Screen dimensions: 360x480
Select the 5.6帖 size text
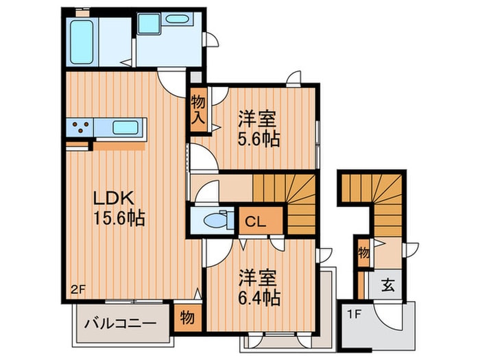click(258, 139)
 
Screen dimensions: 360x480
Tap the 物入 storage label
click(198, 110)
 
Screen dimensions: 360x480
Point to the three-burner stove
click(81, 128)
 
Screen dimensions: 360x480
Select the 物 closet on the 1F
click(363, 252)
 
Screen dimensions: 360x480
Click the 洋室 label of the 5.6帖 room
click(258, 118)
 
